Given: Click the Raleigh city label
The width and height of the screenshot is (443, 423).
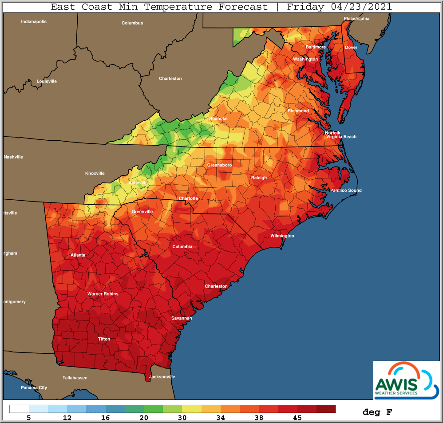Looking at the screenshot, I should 259,178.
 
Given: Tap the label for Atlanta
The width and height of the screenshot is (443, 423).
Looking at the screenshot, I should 78,255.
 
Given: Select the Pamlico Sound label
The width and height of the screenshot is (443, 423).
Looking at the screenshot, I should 345,190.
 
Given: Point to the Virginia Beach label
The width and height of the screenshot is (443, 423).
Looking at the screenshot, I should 341,137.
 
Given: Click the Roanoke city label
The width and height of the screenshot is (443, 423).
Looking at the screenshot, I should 218,119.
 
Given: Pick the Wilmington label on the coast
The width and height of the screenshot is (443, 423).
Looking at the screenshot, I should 282,236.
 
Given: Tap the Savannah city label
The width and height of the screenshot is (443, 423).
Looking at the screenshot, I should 182,318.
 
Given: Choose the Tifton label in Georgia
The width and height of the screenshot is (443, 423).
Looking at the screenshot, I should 104,339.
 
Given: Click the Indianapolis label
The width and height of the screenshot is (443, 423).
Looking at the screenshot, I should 34,21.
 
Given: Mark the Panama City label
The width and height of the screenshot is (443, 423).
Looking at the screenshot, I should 34,387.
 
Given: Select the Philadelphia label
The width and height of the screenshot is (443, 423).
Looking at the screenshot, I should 356,19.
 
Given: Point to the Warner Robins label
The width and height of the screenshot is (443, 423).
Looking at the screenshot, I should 103,294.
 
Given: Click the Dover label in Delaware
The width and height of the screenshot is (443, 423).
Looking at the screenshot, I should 351,47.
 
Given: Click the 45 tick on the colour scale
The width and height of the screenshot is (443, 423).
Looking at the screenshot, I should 297,418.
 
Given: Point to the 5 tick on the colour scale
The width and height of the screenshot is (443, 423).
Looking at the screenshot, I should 29,418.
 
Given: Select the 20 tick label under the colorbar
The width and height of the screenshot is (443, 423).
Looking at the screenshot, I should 144,418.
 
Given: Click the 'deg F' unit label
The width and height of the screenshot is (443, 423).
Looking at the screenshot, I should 377,412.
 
